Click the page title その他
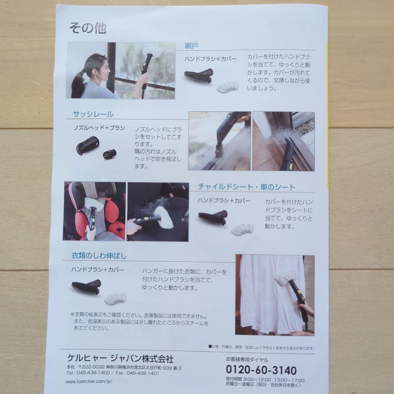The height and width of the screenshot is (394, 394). [x=88, y=28]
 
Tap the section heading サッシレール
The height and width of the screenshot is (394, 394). [x=93, y=114]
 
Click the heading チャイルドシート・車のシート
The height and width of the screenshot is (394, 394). [x=247, y=187]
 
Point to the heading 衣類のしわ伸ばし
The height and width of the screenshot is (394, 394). [x=99, y=256]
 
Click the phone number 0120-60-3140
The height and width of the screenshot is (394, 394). [x=261, y=370]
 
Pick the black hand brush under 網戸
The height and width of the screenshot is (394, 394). [x=199, y=76]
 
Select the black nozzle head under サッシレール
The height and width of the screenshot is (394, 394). [x=88, y=145]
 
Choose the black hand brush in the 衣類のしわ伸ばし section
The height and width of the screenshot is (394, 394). [x=86, y=287]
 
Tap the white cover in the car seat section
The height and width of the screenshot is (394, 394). [x=242, y=229]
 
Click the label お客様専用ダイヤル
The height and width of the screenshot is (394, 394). [x=247, y=359]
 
